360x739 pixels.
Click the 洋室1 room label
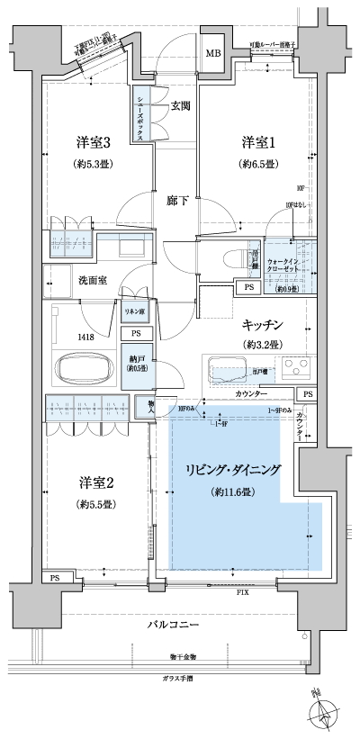click(x=256, y=143)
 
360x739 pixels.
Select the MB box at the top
click(x=213, y=54)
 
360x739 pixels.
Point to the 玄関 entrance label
click(x=180, y=106)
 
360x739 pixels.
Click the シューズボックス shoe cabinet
click(x=143, y=114)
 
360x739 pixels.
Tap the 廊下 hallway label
click(x=177, y=201)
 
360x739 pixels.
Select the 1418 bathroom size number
click(x=61, y=337)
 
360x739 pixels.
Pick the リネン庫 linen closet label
click(x=133, y=311)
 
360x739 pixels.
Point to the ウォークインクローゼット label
click(x=288, y=265)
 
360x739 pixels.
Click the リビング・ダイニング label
click(x=234, y=470)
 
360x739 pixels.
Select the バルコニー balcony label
click(x=174, y=626)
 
